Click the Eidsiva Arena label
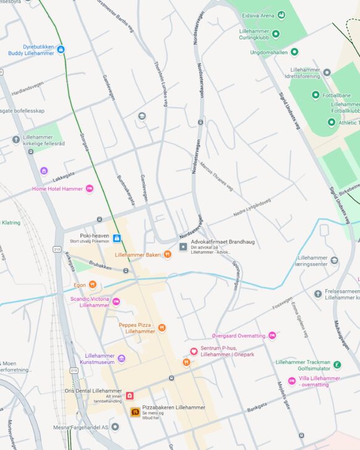[258, 14]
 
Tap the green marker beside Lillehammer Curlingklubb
[276, 34]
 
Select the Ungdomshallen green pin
[294, 52]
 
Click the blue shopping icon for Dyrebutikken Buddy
[61, 50]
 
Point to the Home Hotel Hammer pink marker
[89, 188]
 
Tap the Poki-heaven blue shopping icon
[116, 238]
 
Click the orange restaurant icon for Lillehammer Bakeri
[167, 254]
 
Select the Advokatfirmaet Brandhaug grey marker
[183, 247]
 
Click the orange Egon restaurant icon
[92, 285]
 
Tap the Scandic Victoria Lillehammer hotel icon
[116, 301]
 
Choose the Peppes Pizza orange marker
[161, 327]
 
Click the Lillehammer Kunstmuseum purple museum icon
[121, 359]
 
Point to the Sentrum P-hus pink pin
[194, 351]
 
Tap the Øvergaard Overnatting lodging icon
[272, 335]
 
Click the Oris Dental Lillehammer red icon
[130, 396]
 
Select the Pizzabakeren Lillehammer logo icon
[134, 412]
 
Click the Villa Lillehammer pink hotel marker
[292, 381]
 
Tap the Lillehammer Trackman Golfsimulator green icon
[337, 365]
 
